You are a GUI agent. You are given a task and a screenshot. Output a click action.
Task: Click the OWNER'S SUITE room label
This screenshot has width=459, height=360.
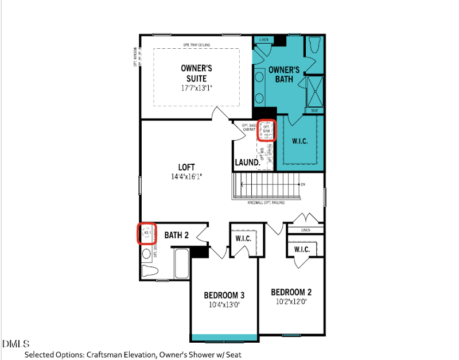(x=197, y=73)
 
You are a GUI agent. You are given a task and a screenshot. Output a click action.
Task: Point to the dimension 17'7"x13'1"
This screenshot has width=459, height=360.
(x=197, y=88)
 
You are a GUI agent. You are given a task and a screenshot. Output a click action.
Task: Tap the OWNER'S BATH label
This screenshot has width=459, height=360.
(x=285, y=75)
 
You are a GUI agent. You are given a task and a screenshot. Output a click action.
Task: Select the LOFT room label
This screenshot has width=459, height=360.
(x=186, y=167)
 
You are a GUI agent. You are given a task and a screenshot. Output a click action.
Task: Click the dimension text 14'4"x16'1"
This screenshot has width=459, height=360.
(x=186, y=177)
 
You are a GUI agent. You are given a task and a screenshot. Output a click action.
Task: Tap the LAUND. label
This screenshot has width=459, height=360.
(x=247, y=162)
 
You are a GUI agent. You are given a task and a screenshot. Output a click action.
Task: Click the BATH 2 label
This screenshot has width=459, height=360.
(x=177, y=235)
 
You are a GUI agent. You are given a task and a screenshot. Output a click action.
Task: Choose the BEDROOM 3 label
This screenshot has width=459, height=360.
(x=224, y=295)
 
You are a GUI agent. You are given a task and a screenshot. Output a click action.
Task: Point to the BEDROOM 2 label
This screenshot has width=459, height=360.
(x=291, y=292)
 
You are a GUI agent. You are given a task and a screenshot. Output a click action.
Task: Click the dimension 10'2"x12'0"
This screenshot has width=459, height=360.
(x=291, y=301)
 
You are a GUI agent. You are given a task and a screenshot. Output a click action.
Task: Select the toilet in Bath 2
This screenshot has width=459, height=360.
(x=149, y=271)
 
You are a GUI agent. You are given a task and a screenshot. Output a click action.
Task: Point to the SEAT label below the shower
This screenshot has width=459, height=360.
(x=314, y=110)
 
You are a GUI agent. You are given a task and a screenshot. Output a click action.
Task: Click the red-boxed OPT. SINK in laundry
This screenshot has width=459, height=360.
(x=266, y=130)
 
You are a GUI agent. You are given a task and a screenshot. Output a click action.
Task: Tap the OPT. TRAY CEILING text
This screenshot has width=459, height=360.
(x=197, y=45)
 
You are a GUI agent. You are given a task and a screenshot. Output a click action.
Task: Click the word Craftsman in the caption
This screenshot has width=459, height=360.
(x=104, y=355)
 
